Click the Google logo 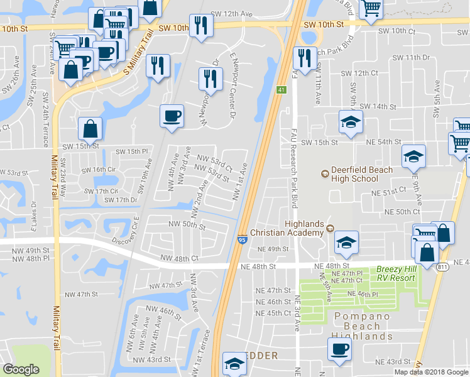tap(21, 369)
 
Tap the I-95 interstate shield tap(242, 239)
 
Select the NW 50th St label tap(187, 224)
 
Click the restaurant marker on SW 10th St tap(200, 26)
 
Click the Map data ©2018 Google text tap(432, 372)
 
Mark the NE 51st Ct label tap(388, 194)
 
